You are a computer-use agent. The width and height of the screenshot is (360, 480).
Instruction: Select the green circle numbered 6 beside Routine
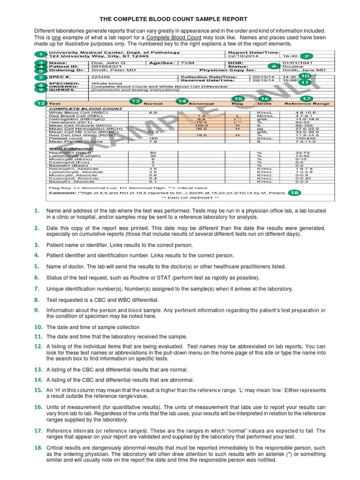[274, 67]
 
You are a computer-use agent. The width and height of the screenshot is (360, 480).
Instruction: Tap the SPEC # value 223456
[101, 76]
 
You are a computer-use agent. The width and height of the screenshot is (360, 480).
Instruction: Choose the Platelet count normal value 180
[153, 138]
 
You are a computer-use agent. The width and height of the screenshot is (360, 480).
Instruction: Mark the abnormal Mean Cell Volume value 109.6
[202, 126]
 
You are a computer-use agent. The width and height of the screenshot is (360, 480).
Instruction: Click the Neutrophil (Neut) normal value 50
[153, 153]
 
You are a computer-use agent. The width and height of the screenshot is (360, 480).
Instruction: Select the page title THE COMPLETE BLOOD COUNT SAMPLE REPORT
[180, 19]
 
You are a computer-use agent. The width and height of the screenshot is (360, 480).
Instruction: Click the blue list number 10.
[38, 326]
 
